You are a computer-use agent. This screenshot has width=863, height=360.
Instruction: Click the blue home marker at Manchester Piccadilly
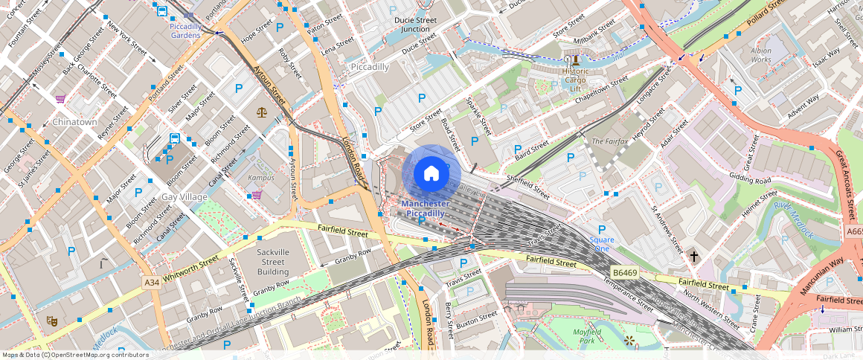(x=431, y=173)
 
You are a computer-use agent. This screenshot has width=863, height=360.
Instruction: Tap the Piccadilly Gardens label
(x=185, y=30)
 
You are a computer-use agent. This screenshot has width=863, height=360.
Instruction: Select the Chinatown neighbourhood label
(x=74, y=122)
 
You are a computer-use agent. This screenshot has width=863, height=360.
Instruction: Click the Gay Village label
(x=185, y=197)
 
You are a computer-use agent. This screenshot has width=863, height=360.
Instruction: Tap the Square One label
(x=602, y=244)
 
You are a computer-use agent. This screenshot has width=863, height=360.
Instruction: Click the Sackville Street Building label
(x=273, y=262)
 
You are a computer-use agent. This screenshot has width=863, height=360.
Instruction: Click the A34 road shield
(x=152, y=283)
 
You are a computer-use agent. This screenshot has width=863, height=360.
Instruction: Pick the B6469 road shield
(x=624, y=273)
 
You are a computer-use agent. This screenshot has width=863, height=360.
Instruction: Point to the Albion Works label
(x=761, y=54)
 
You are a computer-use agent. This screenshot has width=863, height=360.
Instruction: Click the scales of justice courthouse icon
(x=261, y=112)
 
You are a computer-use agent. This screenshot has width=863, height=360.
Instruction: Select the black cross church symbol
(x=694, y=256)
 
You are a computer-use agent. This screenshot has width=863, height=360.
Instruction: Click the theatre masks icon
(x=51, y=321)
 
